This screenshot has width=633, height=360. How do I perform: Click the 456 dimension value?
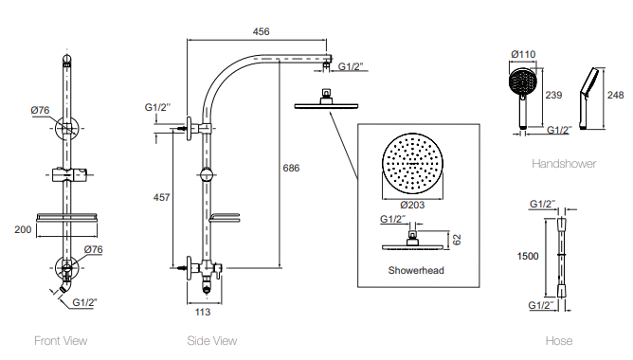click(x=261, y=31)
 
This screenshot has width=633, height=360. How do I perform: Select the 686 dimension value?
click(x=292, y=168)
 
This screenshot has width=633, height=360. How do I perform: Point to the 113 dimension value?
click(x=201, y=312)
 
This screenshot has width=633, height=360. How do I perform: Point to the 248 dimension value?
click(x=614, y=95)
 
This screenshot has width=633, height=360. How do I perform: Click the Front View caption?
click(x=61, y=341)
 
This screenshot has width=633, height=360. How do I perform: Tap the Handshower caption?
click(x=563, y=164)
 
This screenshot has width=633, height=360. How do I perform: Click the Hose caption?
click(x=559, y=341)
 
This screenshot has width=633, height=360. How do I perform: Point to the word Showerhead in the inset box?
click(x=416, y=270)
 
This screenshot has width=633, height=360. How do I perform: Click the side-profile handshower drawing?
click(x=589, y=98)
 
